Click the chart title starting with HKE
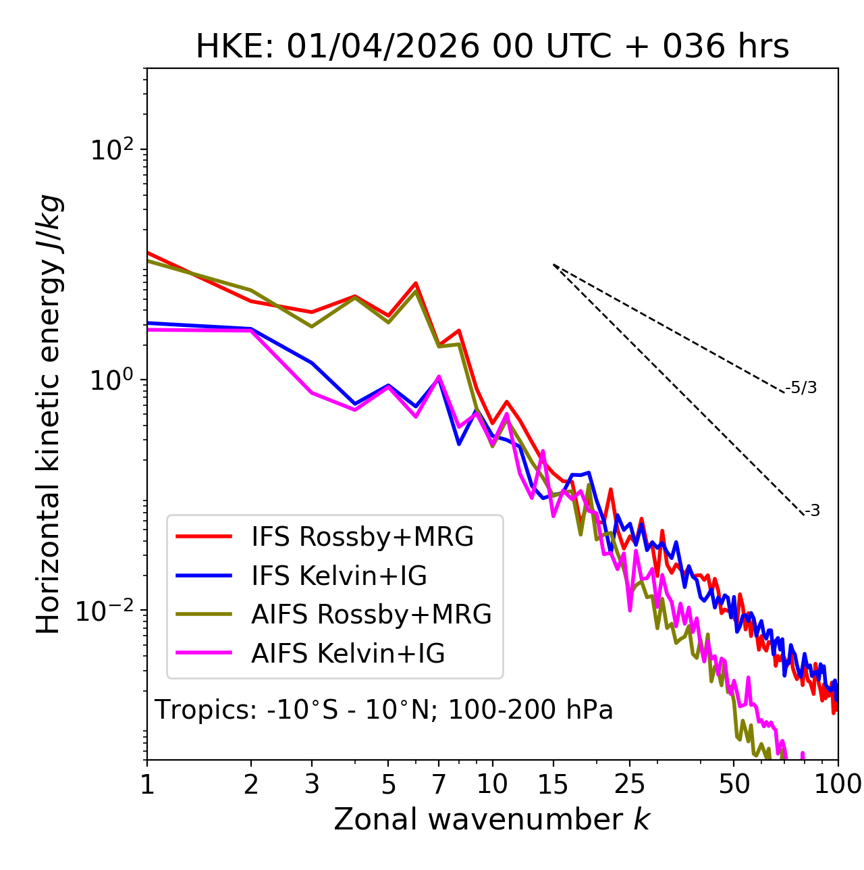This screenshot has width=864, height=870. tap(492, 47)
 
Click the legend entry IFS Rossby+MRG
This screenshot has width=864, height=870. tap(362, 537)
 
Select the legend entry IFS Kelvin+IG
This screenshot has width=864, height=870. tap(339, 576)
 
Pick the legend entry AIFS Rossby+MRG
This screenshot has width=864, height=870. tap(371, 615)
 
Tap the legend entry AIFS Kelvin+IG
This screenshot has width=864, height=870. tap(348, 654)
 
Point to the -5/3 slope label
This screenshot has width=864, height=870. tap(801, 388)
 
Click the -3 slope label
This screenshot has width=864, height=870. tap(813, 511)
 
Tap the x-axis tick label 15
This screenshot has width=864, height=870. tap(553, 784)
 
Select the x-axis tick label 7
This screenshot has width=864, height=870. tap(439, 784)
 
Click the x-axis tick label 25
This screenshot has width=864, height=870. tap(630, 784)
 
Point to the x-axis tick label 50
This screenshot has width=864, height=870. tap(734, 784)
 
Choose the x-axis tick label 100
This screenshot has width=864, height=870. tap(838, 784)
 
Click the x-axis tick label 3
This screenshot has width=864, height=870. tap(312, 784)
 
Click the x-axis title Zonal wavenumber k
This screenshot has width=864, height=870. tap(492, 819)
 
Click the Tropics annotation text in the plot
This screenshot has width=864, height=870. tap(384, 710)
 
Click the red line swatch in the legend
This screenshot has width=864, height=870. tap(204, 537)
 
